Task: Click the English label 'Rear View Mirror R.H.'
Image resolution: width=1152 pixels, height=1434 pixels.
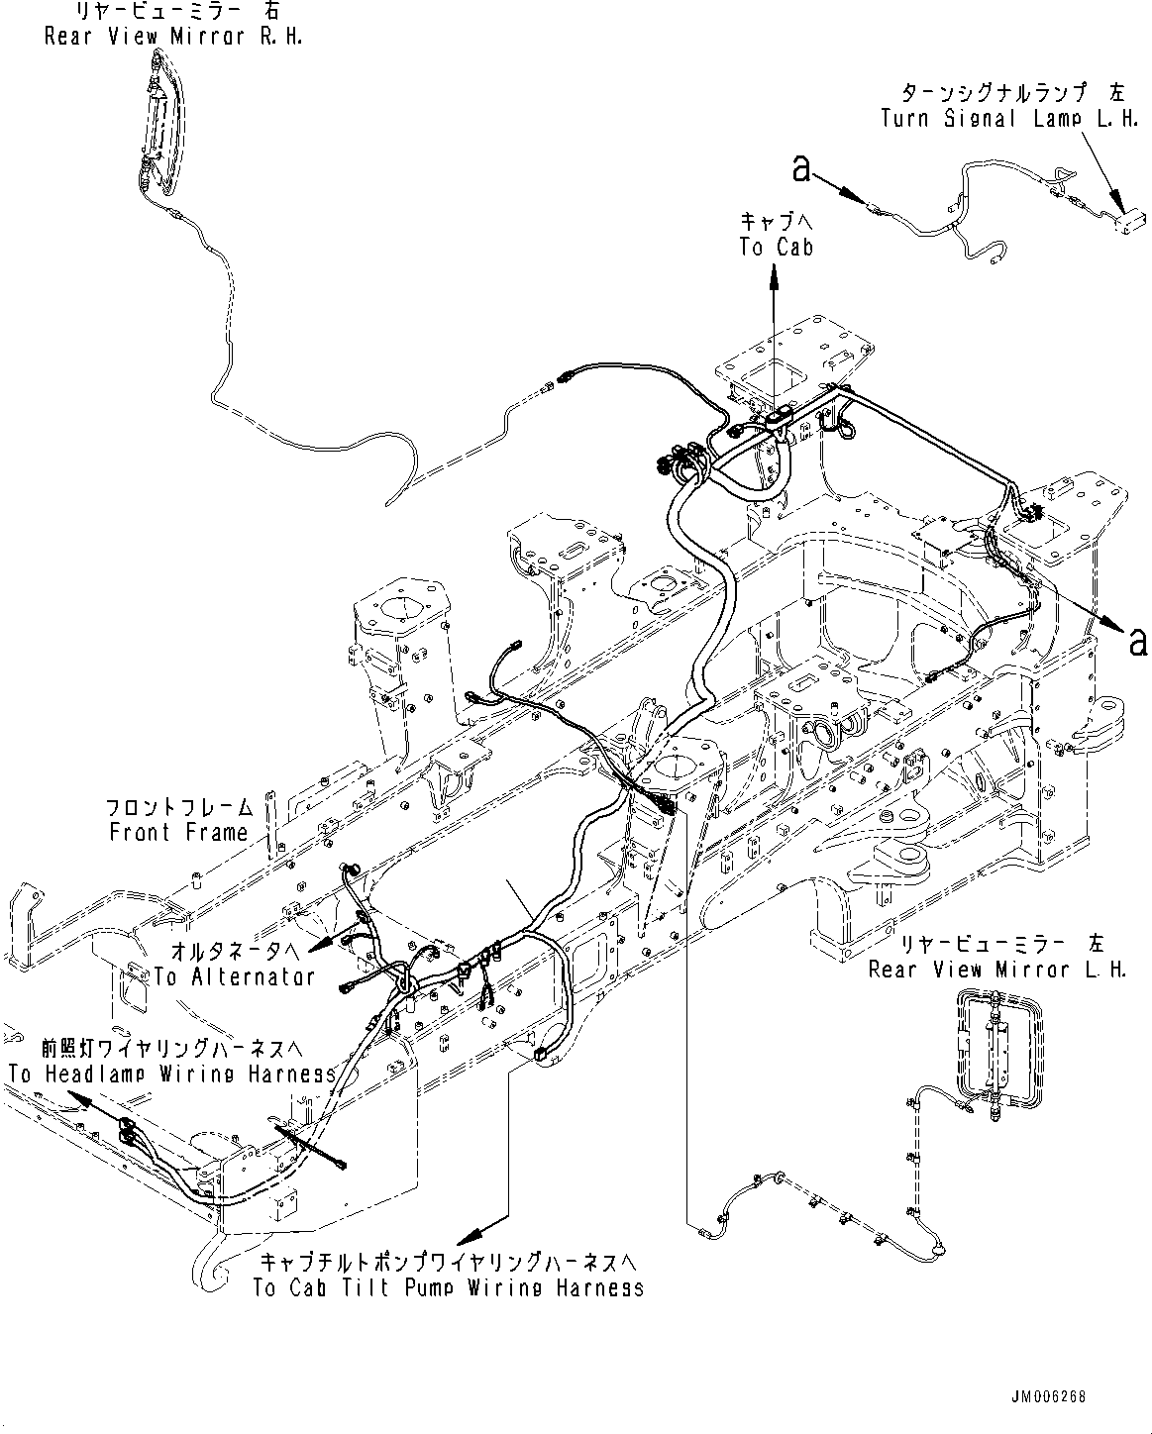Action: click(x=173, y=36)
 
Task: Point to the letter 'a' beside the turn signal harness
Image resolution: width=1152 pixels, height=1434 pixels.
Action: click(x=801, y=170)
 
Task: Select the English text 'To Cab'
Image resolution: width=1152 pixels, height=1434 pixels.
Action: click(x=776, y=247)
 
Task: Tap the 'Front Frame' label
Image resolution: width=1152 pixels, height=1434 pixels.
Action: click(x=178, y=832)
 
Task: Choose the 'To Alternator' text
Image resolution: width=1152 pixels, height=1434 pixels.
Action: click(x=234, y=975)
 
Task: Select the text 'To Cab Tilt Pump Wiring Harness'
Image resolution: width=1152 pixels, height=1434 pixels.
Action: click(x=448, y=1287)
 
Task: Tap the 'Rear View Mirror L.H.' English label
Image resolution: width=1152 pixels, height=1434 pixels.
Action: click(x=997, y=969)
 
